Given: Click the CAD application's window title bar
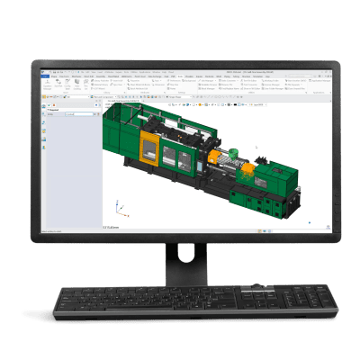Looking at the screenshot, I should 180,69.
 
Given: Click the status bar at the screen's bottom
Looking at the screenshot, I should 180,232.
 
